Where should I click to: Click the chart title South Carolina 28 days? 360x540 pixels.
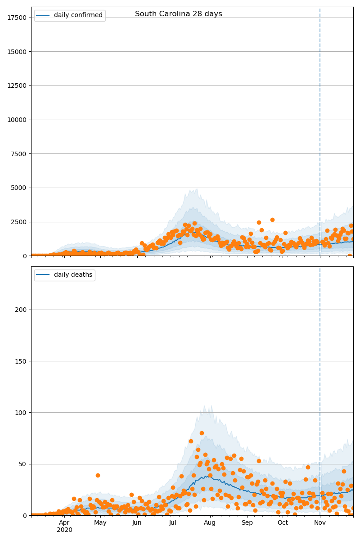pos(179,14)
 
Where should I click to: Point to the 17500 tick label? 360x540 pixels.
pos(17,18)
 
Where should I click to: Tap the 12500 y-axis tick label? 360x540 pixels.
pos(17,85)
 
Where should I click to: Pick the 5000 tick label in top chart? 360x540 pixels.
pos(18,188)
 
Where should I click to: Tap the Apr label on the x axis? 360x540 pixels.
pos(64,523)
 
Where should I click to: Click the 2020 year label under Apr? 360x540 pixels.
pos(64,530)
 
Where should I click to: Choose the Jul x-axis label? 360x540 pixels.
pos(173,523)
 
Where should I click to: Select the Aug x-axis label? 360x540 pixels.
pos(210,523)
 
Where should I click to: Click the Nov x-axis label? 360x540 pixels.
pos(320,523)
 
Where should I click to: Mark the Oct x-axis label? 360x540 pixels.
pos(283,523)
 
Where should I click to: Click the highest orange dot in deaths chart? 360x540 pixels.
pos(202,433)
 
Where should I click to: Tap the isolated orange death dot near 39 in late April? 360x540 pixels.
pos(98,475)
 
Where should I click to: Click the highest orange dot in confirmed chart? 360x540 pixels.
pos(272,220)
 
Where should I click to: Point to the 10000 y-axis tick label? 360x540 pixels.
pos(17,120)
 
